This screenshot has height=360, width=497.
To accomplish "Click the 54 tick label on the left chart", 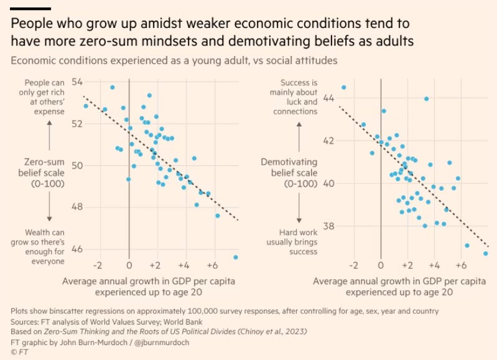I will click(79, 82).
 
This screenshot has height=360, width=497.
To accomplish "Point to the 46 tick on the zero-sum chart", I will click(79, 249).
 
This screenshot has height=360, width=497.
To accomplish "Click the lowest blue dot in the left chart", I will click(235, 257).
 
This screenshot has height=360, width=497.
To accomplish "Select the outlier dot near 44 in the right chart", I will click(426, 99).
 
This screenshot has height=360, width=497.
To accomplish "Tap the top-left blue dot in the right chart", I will click(343, 88).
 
